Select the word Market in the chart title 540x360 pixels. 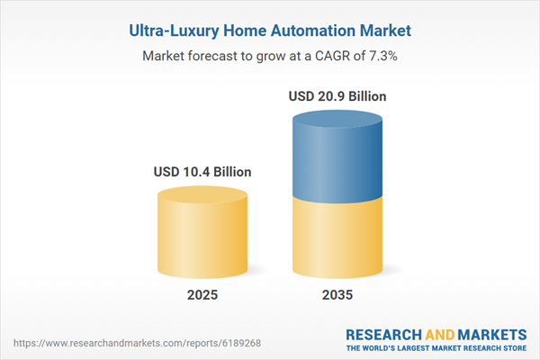point(383,30)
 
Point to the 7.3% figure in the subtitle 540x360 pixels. point(382,56)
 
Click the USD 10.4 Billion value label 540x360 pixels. point(201,171)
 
